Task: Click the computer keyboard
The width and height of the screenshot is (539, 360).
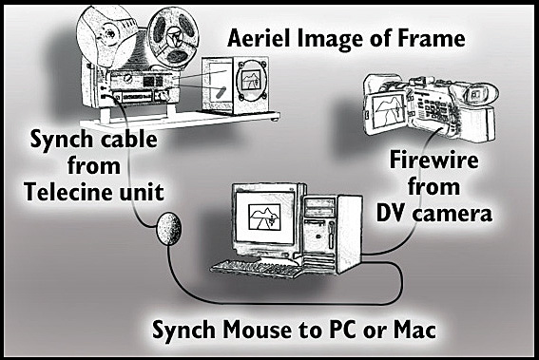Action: [259, 264]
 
